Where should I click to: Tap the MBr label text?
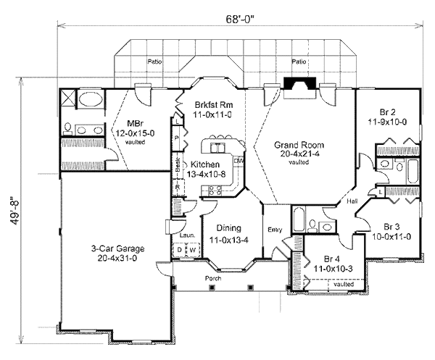pos(135,123)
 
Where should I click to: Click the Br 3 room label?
pos(391,225)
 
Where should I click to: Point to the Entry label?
pos(275,230)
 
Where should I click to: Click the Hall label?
pos(352,203)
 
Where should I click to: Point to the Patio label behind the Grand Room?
pos(297,62)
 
